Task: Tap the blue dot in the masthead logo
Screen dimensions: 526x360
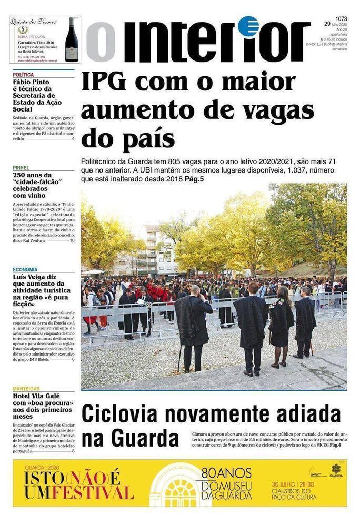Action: click(x=247, y=26)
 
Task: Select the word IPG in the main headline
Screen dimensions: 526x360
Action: click(x=108, y=83)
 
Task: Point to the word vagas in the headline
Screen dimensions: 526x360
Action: click(x=278, y=111)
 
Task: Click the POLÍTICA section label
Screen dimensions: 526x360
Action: click(x=23, y=75)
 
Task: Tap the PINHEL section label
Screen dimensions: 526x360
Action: click(x=21, y=168)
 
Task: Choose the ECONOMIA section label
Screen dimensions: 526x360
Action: click(x=25, y=270)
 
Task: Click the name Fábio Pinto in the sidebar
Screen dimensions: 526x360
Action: click(x=31, y=82)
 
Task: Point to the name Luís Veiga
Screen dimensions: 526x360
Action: click(x=32, y=277)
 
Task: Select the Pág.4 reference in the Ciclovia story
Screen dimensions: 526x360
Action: click(x=335, y=446)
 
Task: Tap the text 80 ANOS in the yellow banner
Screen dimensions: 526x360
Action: click(x=227, y=472)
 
